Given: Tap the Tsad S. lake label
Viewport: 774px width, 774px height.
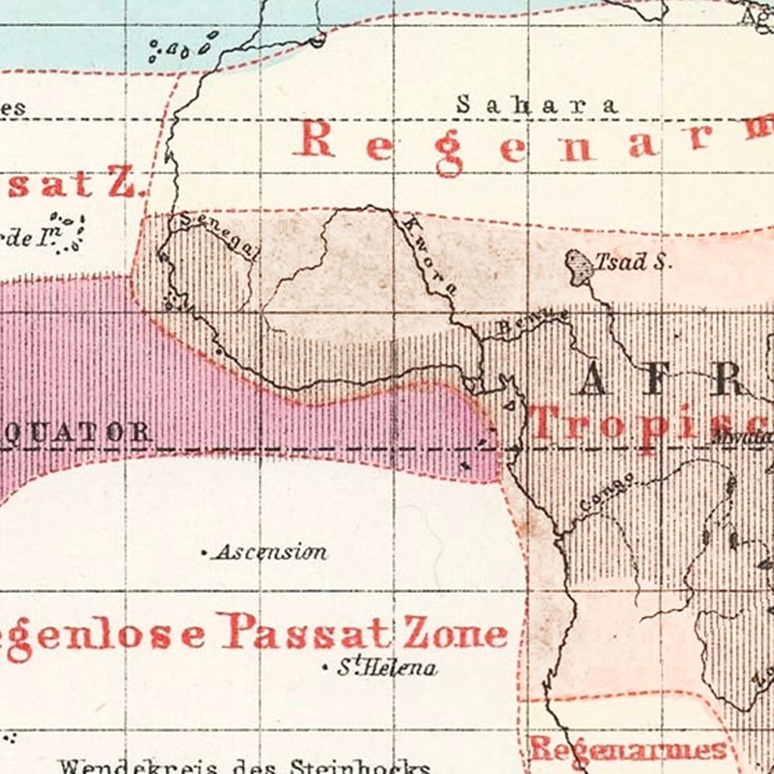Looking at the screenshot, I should click(633, 262).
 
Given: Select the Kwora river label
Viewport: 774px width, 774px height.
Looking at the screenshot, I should click(430, 255).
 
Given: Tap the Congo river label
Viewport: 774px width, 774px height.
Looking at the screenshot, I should click(607, 492).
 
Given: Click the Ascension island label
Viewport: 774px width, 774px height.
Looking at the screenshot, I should click(271, 552).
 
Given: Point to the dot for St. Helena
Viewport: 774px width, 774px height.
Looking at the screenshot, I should click(324, 668).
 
